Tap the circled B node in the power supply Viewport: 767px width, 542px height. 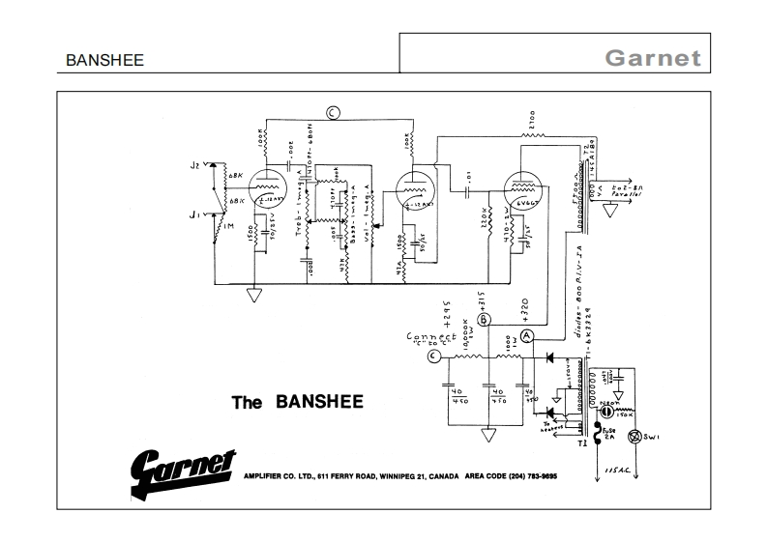click(486, 319)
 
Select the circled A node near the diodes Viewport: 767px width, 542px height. click(527, 335)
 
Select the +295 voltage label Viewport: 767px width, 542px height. click(448, 309)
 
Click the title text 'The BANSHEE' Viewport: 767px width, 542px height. click(297, 401)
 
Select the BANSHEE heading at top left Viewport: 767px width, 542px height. click(104, 60)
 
